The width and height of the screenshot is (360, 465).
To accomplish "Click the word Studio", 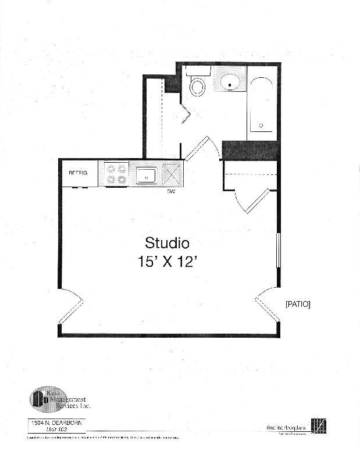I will pos(167,242).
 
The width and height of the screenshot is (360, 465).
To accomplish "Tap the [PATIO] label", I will pos(297,304).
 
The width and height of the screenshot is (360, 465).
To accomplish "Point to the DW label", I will pos(171,191).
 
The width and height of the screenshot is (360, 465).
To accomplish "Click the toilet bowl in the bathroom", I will pos(198,87).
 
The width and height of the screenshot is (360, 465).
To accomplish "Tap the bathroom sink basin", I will pos(231,83).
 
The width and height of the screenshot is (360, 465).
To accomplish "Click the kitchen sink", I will pos(146,174).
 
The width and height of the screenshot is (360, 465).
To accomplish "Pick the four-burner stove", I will pos(116,174).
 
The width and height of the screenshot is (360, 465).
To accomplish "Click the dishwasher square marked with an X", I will pos(172,174).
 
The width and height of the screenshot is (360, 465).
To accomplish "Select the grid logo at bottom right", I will pos(319,426).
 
